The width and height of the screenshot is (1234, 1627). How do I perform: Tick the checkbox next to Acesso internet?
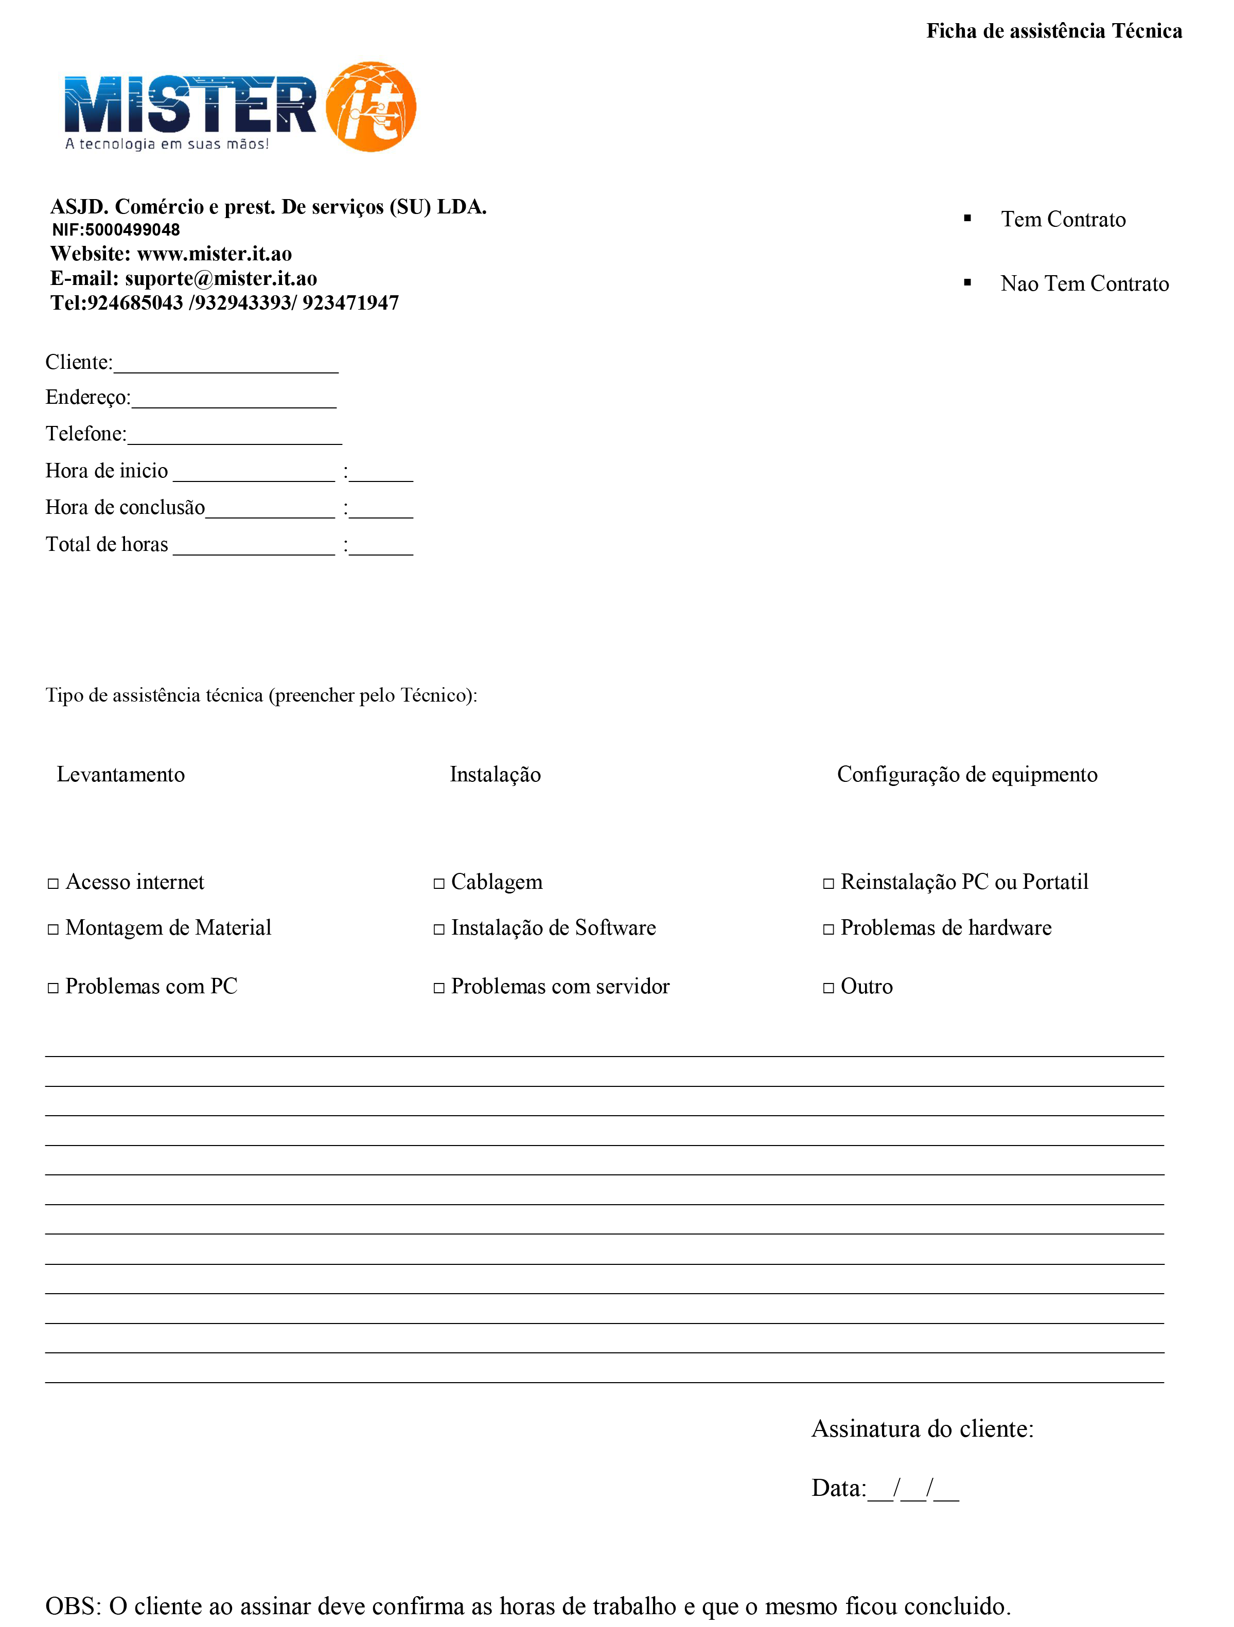(x=53, y=883)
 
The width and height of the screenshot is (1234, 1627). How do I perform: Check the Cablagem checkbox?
(x=439, y=883)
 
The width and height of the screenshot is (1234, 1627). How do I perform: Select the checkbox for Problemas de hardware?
(x=828, y=929)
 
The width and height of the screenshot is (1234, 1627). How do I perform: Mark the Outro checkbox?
(x=828, y=988)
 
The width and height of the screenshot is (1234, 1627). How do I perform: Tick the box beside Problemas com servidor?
(x=439, y=988)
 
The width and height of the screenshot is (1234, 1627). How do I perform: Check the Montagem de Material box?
(x=53, y=929)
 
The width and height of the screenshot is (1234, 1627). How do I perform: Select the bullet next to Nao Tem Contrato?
(x=967, y=282)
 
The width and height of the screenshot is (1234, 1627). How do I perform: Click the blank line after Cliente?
(x=226, y=366)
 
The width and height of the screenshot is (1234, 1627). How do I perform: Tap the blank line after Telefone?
(x=234, y=437)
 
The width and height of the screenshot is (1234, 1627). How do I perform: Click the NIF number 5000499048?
(x=132, y=230)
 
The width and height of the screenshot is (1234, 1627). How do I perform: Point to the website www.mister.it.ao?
(x=214, y=254)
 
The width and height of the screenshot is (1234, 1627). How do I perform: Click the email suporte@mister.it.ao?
(x=221, y=279)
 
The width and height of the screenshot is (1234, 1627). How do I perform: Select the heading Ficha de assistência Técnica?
(x=1054, y=31)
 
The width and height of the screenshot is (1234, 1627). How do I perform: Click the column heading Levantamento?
(x=121, y=775)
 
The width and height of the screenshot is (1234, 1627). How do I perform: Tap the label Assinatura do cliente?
(x=922, y=1429)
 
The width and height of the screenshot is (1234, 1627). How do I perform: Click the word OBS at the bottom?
(x=72, y=1606)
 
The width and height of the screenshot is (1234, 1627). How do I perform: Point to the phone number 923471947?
(x=350, y=303)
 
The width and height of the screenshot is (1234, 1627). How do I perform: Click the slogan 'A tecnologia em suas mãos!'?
(x=167, y=144)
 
